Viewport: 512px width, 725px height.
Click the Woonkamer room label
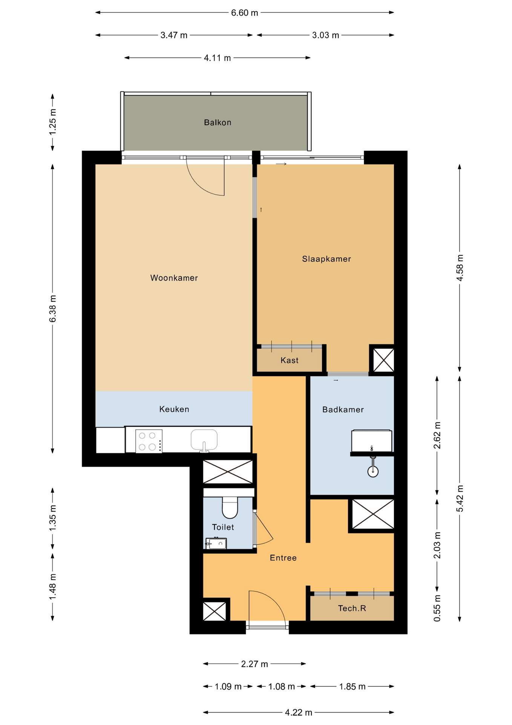pos(174,278)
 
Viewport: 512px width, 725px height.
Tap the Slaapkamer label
pos(327,259)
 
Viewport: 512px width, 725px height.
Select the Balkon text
pos(218,122)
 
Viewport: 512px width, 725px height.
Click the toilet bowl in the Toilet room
pos(230,507)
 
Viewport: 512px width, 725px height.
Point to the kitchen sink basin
pos(204,440)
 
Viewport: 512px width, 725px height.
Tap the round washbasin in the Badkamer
pos(373,471)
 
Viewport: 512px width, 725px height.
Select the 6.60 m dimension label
pos(245,13)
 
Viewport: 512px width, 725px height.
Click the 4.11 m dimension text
pos(217,58)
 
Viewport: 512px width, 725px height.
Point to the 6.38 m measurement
pos(53,309)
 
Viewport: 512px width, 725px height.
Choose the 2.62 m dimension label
pos(437,435)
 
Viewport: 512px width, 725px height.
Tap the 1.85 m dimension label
pos(352,686)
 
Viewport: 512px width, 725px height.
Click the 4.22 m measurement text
pos(299,713)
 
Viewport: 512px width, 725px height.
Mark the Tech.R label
pos(352,608)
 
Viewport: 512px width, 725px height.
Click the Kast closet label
pos(290,360)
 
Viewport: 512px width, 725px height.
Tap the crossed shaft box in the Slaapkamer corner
pos(383,360)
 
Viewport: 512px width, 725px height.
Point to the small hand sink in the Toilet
pos(216,543)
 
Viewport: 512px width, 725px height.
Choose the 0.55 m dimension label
pos(437,608)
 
